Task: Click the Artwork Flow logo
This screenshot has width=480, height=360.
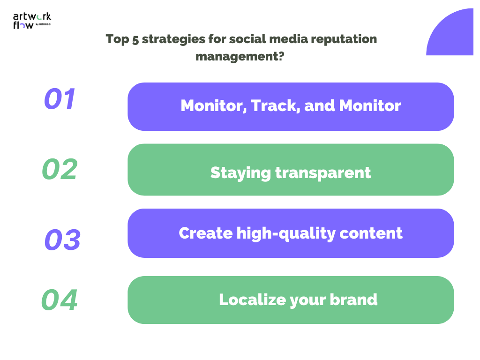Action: click(31, 21)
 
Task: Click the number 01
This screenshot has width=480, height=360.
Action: click(60, 99)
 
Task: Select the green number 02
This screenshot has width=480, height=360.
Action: click(60, 169)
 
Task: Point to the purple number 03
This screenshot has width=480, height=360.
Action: click(62, 240)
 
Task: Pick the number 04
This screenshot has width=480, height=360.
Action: click(60, 300)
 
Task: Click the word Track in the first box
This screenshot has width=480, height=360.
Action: click(275, 106)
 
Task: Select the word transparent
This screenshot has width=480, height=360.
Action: click(323, 173)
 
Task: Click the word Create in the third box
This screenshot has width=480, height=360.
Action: click(205, 233)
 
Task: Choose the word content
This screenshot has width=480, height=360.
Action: click(376, 233)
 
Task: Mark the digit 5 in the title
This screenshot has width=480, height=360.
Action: click(135, 39)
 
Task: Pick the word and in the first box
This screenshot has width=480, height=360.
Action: click(320, 106)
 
